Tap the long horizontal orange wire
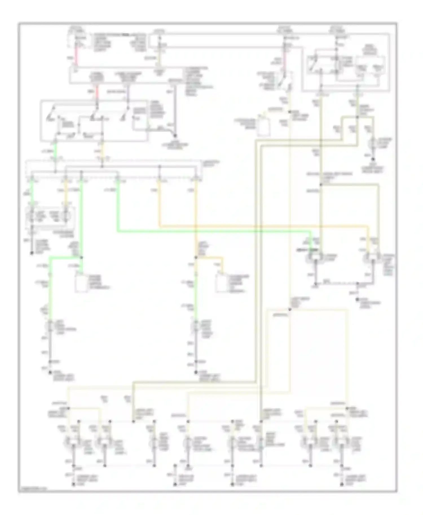pos(262,226)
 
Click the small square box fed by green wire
pos(81,282)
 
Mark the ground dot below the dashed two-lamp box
pos(32,253)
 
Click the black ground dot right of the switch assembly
pos(175,136)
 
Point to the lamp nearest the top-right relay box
pos(373,143)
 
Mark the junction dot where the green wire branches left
pos(81,257)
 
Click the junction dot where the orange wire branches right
pos(196,257)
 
